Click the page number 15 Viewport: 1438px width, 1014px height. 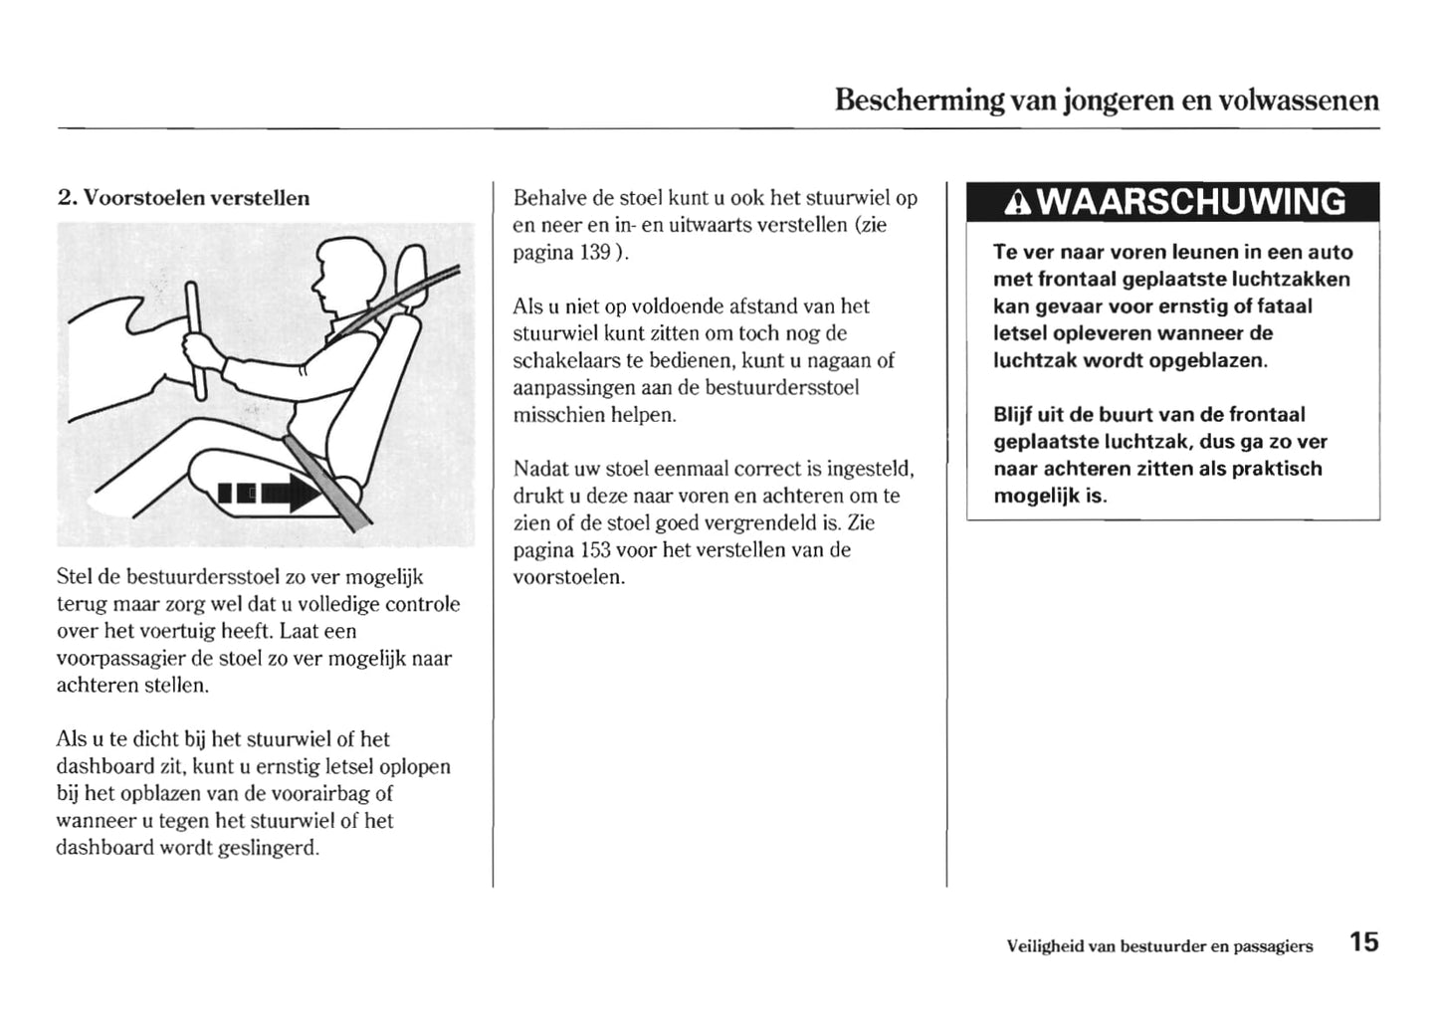[x=1364, y=942]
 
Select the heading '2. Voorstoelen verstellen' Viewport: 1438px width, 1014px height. [x=184, y=197]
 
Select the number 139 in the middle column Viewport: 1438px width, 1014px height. [x=594, y=252]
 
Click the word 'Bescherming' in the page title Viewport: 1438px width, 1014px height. [x=920, y=101]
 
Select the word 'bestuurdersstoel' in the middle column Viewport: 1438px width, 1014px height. [x=781, y=387]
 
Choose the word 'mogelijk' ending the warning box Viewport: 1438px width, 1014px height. [x=1035, y=496]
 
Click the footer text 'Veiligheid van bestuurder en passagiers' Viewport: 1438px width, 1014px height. [x=1159, y=946]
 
